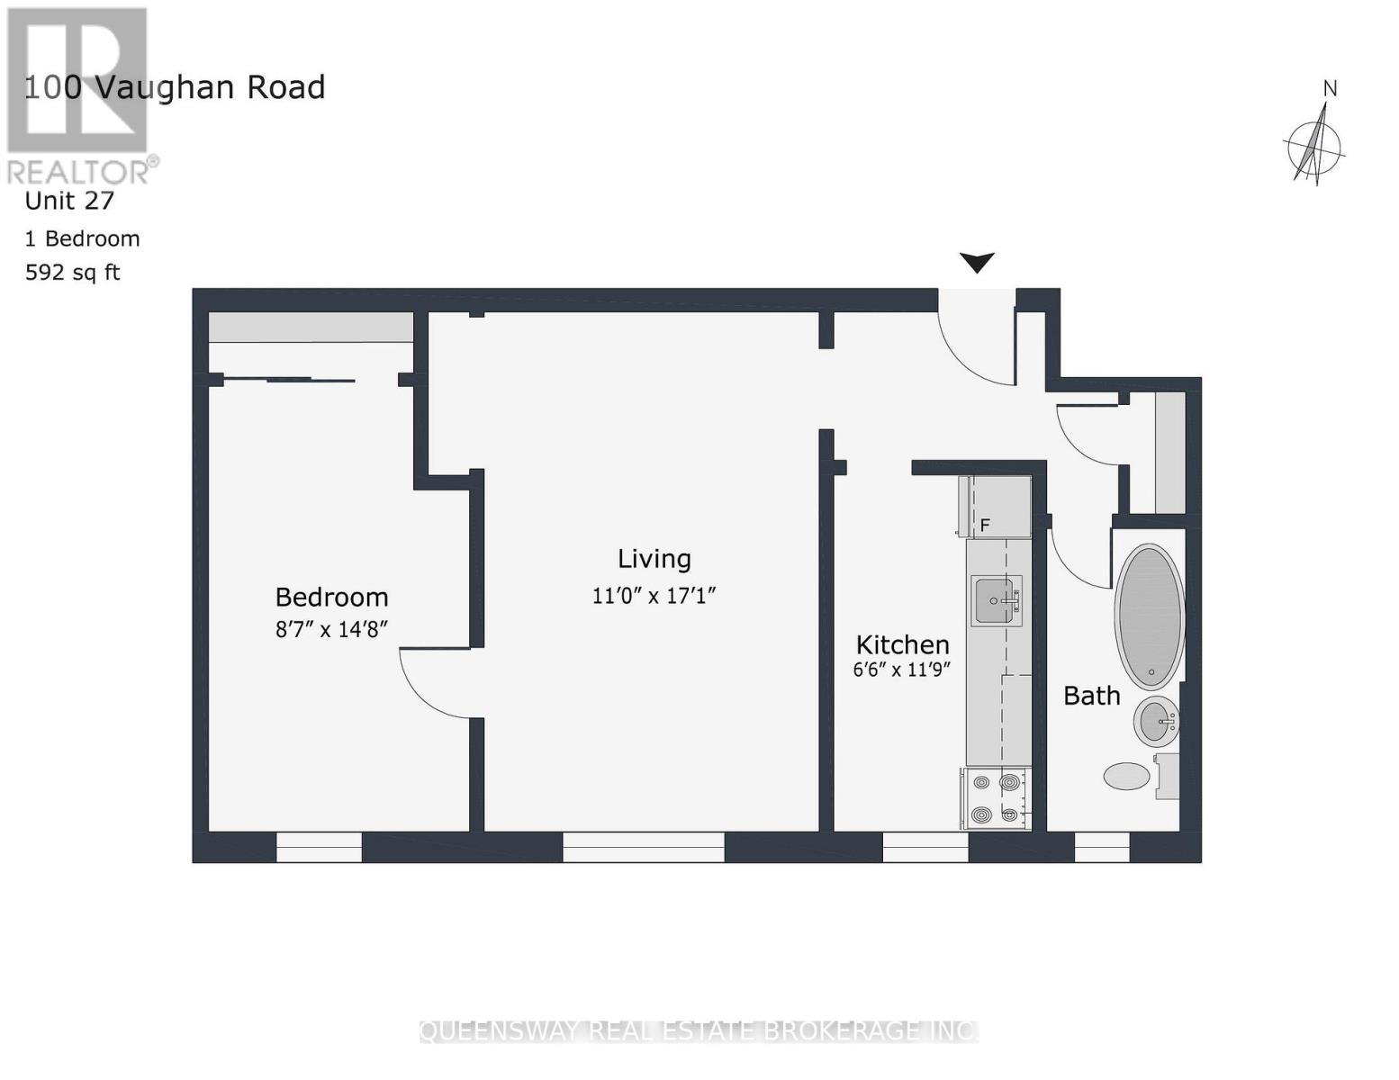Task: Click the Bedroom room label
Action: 331,598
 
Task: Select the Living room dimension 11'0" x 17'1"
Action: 654,596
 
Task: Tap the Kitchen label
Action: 902,644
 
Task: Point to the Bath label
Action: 1091,696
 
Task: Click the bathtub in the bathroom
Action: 1150,616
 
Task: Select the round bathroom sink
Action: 1156,721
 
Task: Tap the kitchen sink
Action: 996,600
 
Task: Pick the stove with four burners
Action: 996,798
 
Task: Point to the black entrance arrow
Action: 977,262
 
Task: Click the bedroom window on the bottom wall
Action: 319,847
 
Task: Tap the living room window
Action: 643,847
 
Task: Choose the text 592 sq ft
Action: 72,273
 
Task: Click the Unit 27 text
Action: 69,201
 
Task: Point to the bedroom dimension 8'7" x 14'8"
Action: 331,629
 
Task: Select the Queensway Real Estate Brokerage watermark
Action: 699,1030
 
